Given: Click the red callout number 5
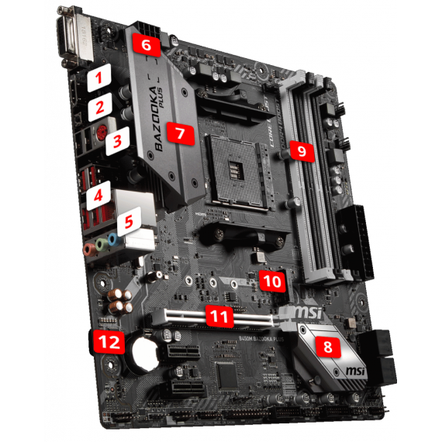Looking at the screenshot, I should point(129,221).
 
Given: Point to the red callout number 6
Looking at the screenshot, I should point(147,45).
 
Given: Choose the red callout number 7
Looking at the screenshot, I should point(179,133).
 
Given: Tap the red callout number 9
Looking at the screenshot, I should point(301,150).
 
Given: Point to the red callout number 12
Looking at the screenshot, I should point(105,341).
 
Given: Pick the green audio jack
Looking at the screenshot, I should point(102,247).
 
